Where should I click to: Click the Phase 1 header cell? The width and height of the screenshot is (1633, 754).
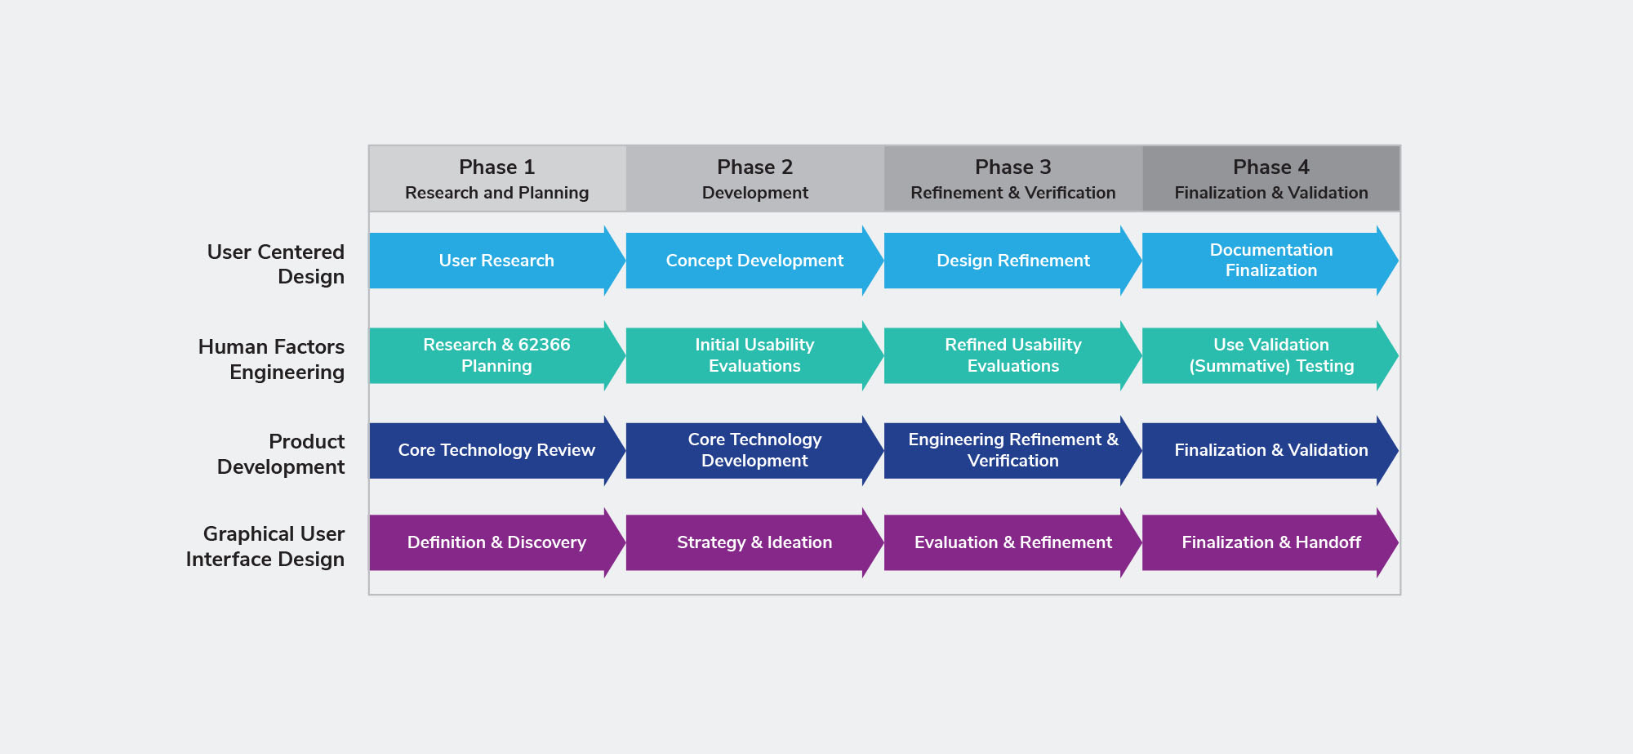tap(497, 179)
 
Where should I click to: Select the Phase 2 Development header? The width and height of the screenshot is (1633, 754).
tap(755, 179)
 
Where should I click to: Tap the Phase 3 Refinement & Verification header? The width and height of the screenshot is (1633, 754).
tap(1013, 179)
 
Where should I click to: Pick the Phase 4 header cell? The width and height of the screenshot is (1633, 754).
tap(1270, 179)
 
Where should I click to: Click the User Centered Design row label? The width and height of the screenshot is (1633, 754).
tap(276, 264)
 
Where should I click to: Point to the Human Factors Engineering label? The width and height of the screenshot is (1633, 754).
tap(271, 359)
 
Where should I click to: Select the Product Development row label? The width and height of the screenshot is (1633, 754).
tap(281, 454)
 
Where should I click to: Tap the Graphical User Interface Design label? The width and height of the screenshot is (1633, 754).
tap(265, 547)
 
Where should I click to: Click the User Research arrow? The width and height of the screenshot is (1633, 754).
tap(497, 261)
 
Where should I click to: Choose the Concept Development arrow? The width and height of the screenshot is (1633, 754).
tap(755, 261)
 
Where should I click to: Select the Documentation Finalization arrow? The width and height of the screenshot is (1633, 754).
tap(1270, 261)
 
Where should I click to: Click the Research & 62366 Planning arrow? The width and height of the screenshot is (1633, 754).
tap(497, 355)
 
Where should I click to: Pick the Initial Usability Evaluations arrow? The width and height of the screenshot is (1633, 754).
tap(755, 355)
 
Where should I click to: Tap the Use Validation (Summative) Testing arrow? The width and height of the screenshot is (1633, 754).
tap(1270, 355)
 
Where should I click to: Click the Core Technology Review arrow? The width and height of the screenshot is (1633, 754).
tap(497, 450)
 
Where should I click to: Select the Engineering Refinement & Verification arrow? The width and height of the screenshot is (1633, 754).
tap(1013, 450)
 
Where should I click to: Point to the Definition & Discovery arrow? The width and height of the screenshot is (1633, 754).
tap(497, 542)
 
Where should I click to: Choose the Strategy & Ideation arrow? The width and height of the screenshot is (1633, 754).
tap(755, 542)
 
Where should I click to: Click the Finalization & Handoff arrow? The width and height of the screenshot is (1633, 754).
tap(1270, 542)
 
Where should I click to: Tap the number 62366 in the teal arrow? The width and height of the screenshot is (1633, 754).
tap(545, 345)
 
